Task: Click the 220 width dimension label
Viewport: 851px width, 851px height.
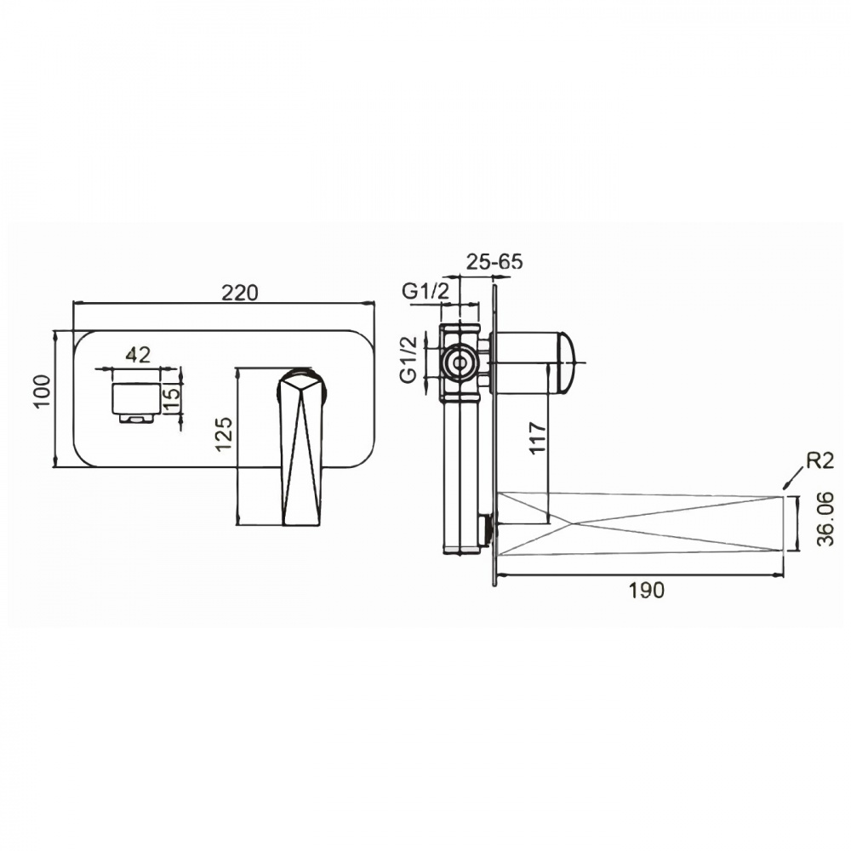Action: coord(240,293)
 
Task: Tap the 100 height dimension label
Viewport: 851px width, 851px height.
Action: coord(42,391)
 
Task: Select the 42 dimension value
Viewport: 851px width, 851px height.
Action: coord(138,355)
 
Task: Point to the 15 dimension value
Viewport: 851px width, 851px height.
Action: coord(170,401)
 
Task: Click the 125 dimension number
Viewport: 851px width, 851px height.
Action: coord(224,433)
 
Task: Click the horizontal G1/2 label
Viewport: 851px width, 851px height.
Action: coord(426,291)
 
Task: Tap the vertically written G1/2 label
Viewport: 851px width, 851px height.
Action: coord(409,359)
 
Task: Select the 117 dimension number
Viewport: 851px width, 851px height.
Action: coord(537,438)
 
